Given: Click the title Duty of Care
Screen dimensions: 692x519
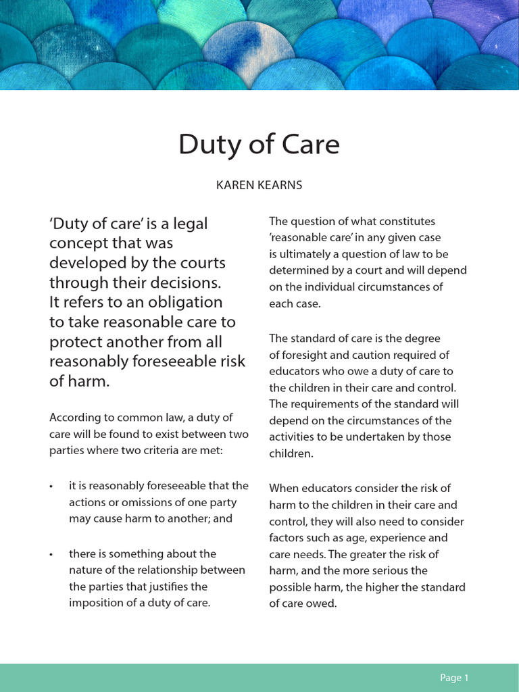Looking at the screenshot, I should point(259,145).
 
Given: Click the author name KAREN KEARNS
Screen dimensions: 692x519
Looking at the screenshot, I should point(259,185).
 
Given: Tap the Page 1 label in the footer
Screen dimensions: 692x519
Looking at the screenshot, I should point(454,678).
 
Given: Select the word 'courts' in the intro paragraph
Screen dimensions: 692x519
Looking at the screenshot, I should point(201,262).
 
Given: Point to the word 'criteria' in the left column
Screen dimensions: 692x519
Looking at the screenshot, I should point(165,450).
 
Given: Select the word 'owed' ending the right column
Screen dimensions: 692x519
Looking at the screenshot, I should point(322,603).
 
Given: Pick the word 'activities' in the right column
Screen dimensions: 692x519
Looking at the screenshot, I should point(293,437).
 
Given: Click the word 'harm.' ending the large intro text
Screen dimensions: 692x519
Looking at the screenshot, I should point(88,381).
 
